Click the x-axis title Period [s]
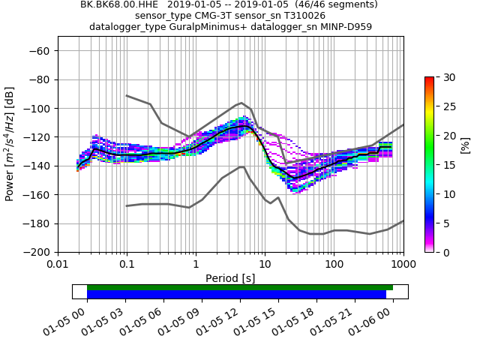(230, 278)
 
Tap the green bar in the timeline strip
(240, 287)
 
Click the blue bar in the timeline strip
(237, 295)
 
